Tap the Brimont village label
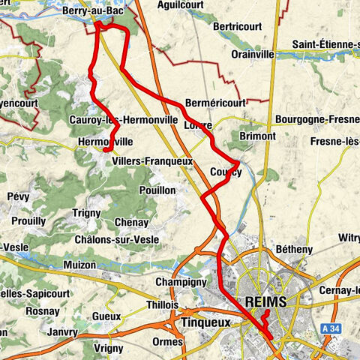[257, 136]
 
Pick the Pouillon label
[157, 190]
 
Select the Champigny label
[181, 282]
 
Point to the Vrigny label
[109, 349]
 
